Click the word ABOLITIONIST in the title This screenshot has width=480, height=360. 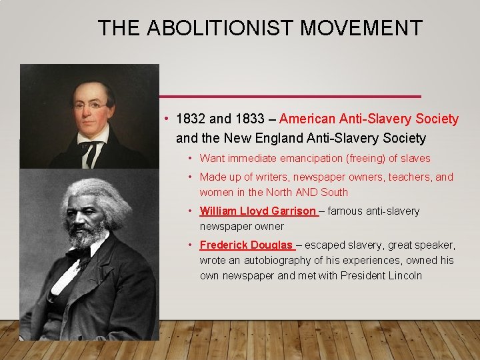tap(220, 28)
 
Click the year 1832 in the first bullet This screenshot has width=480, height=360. tap(191, 119)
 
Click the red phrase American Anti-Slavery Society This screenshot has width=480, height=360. tap(369, 119)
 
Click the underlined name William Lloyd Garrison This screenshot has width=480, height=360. tap(257, 211)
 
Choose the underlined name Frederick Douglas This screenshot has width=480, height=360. tap(246, 245)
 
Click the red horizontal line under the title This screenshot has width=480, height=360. tap(290, 97)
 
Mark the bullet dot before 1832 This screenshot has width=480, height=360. tap(166, 119)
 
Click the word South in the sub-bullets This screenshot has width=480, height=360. tap(334, 192)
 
